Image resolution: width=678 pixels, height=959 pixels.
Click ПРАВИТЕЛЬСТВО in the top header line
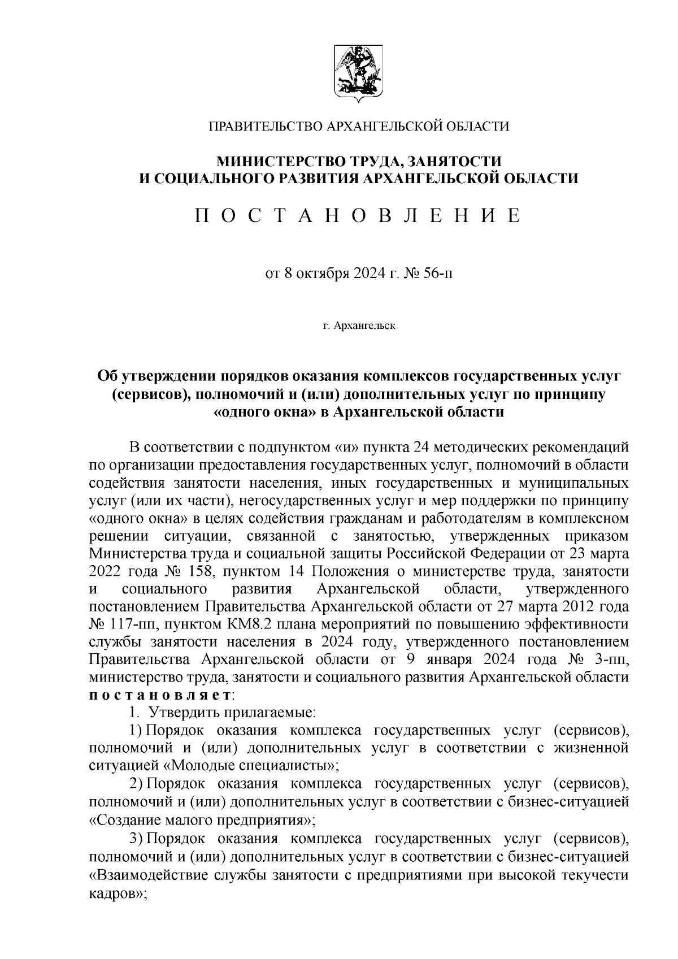266,125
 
